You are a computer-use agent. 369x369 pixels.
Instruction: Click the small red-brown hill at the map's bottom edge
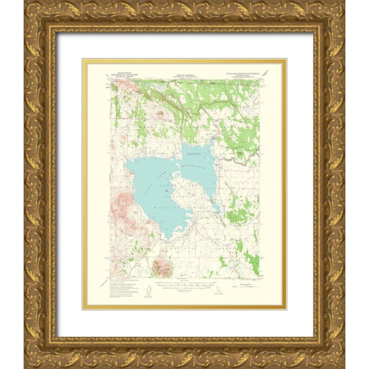(x=162, y=267)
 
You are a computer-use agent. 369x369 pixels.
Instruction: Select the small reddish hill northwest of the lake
(x=160, y=115)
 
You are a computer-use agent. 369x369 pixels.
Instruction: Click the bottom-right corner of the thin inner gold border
(x=286, y=308)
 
